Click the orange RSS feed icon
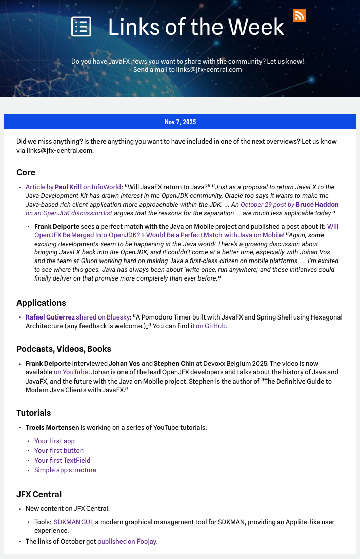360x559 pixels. (299, 15)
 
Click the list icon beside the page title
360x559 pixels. (81, 27)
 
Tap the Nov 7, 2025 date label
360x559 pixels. (180, 122)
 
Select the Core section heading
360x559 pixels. (26, 172)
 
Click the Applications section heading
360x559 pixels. (41, 303)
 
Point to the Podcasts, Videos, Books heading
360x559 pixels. (64, 349)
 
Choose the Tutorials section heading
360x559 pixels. (34, 413)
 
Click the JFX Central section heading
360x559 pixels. (39, 494)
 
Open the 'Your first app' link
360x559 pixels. (54, 441)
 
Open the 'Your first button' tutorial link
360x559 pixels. (59, 450)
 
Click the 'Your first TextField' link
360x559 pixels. (62, 460)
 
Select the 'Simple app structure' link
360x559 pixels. (65, 470)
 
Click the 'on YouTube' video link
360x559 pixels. (71, 372)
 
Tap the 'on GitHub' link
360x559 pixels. (211, 326)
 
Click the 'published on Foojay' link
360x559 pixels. (127, 541)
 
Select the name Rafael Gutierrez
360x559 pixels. (50, 317)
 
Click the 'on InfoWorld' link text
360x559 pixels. (102, 187)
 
